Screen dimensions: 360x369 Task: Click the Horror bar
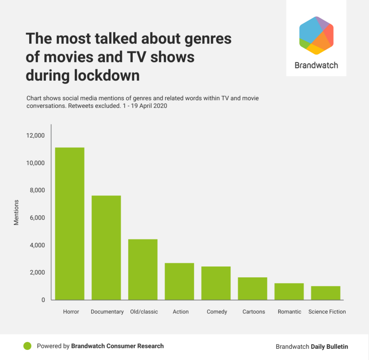tap(69, 223)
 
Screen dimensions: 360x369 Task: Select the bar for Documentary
tap(106, 248)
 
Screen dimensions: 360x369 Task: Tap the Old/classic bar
tap(143, 269)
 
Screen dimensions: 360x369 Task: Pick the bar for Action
tap(179, 281)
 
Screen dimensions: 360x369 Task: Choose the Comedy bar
tap(216, 283)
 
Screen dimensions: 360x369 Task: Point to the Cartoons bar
tap(253, 289)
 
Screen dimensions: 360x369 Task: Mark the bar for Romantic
tap(289, 292)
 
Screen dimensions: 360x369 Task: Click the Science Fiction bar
tap(326, 293)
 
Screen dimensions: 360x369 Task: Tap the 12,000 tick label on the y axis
tap(35, 135)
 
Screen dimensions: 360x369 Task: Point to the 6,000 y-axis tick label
tap(36, 218)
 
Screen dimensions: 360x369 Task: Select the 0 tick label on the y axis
tap(43, 300)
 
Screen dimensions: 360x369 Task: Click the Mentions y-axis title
tap(16, 212)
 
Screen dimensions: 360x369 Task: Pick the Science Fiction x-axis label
tap(327, 311)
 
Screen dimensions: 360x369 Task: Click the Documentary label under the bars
tap(107, 311)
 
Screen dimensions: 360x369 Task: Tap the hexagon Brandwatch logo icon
tap(316, 35)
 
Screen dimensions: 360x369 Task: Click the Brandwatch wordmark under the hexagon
tap(316, 65)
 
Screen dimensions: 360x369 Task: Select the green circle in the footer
tap(27, 346)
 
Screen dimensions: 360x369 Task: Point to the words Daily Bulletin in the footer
tap(329, 347)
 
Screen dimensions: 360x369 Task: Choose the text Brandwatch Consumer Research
tap(117, 346)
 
